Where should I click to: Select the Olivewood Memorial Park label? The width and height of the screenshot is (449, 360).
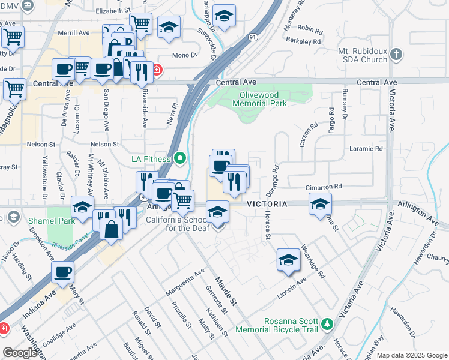(x=262, y=99)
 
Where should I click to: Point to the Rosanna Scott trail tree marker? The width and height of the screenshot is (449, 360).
(x=327, y=324)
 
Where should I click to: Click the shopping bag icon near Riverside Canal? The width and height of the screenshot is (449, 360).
(x=112, y=228)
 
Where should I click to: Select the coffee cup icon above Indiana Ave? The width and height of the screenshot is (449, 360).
(x=62, y=272)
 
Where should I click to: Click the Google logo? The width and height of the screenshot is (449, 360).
(x=20, y=353)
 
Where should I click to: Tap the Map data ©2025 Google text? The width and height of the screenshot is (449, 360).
(x=412, y=355)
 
